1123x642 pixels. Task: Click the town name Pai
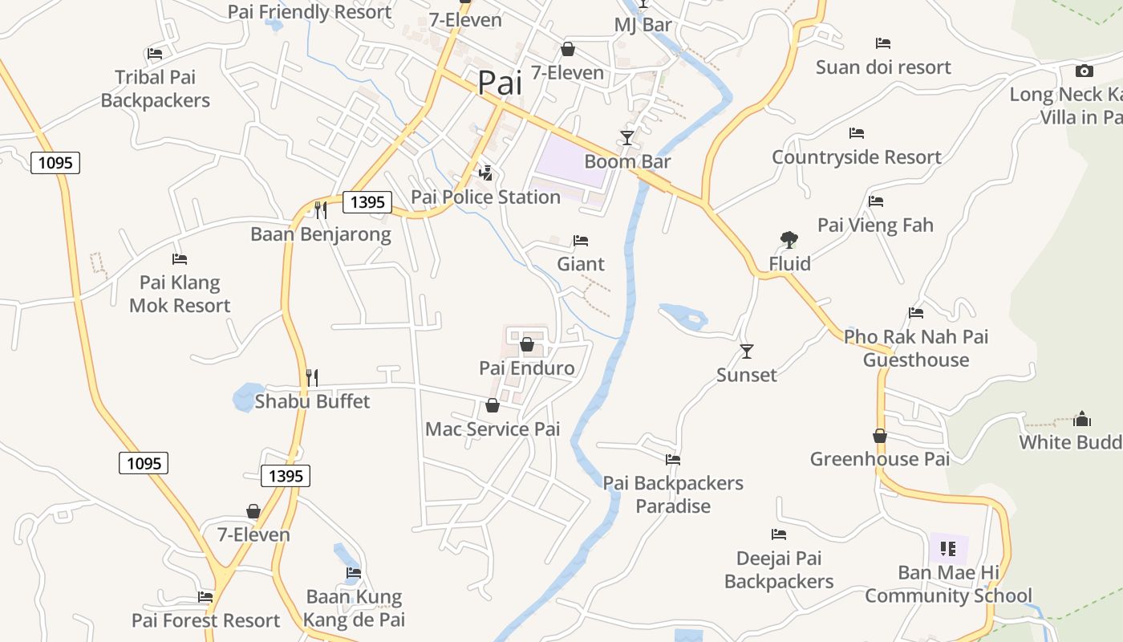(x=500, y=83)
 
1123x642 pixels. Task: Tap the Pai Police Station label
(x=485, y=197)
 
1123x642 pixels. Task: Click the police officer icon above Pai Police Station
(x=485, y=173)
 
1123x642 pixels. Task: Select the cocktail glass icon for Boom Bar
(x=627, y=138)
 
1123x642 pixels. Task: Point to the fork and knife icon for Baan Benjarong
(x=320, y=210)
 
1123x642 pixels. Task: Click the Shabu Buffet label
(x=312, y=401)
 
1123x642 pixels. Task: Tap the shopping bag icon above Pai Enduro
(x=527, y=345)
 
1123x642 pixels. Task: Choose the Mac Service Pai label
(x=493, y=429)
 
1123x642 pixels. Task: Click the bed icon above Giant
(x=581, y=241)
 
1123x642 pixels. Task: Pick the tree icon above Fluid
(x=789, y=239)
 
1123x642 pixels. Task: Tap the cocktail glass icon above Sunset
(x=747, y=351)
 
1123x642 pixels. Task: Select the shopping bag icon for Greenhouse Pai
(x=880, y=436)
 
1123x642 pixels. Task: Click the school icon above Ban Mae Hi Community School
(x=948, y=549)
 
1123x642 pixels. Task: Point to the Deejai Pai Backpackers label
(x=779, y=570)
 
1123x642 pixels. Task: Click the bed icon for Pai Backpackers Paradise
(x=673, y=460)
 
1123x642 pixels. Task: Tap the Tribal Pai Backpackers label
(x=156, y=89)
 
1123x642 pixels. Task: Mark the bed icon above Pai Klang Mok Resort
(x=180, y=259)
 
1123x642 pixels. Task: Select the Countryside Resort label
(x=856, y=157)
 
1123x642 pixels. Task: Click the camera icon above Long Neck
(x=1084, y=71)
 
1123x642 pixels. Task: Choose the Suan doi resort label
(x=883, y=67)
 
